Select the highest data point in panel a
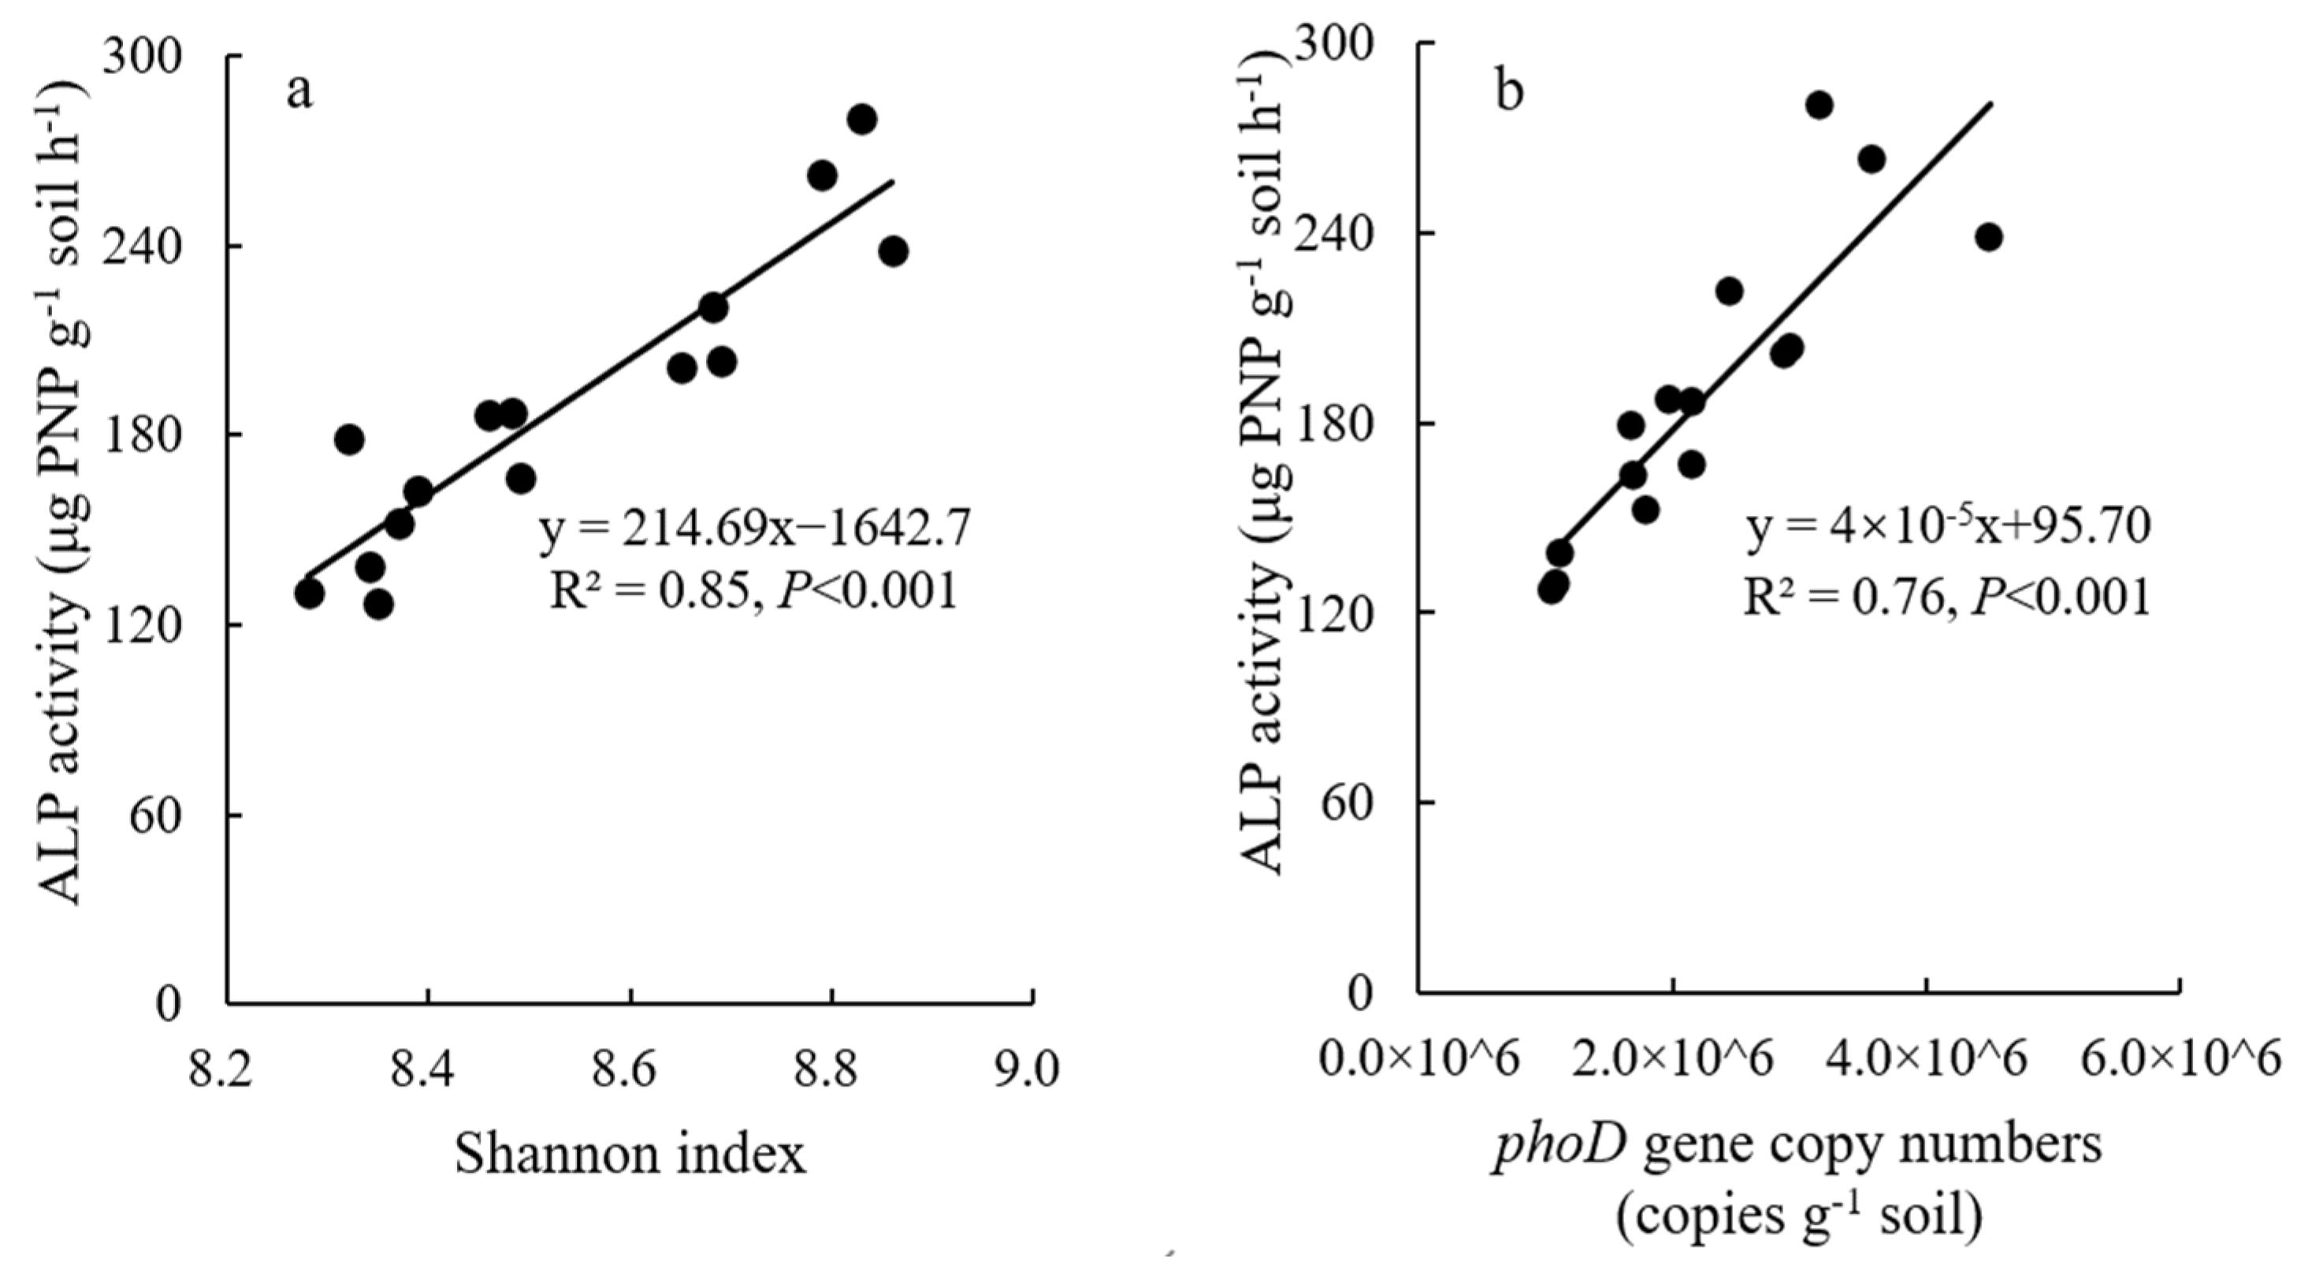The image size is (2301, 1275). (x=861, y=119)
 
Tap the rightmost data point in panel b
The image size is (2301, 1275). (x=1988, y=236)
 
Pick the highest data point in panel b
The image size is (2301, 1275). (x=1819, y=106)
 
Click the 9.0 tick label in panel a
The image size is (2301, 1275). (x=1034, y=1068)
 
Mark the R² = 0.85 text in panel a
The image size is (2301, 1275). (x=656, y=590)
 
